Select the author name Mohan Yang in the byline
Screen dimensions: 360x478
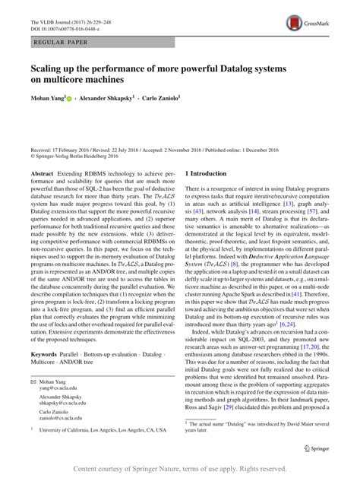47,98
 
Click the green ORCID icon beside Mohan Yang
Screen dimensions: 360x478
73,98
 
